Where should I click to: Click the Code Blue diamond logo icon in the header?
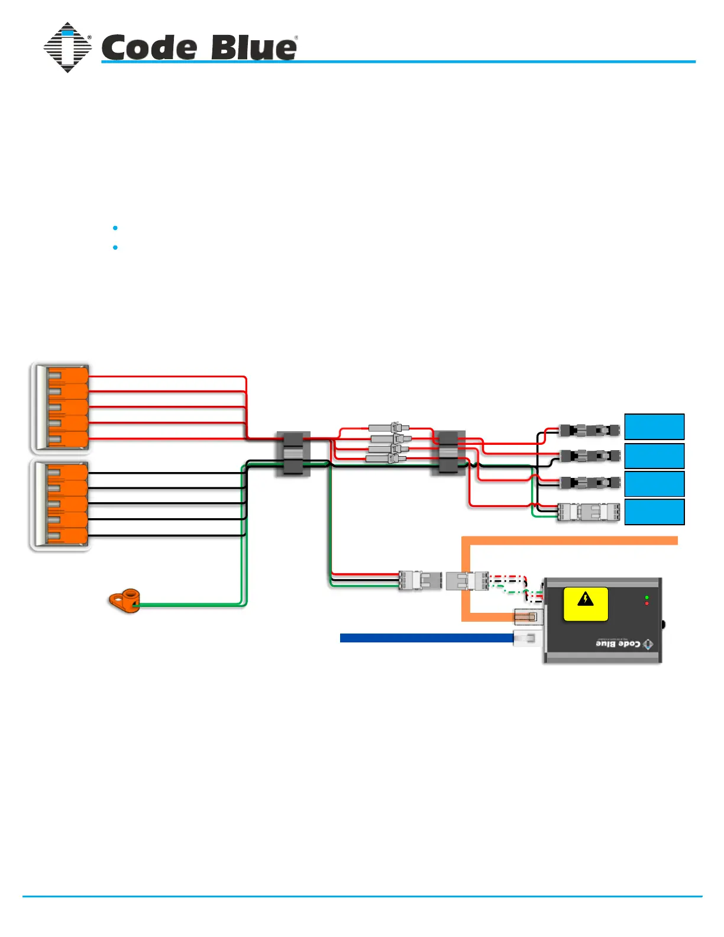pyautogui.click(x=67, y=48)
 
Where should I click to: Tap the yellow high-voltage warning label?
pyautogui.click(x=586, y=604)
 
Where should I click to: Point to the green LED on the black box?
pyautogui.click(x=647, y=598)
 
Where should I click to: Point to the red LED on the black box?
pyautogui.click(x=647, y=603)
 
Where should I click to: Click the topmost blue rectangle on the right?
pyautogui.click(x=654, y=427)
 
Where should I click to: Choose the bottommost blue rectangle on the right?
pyautogui.click(x=654, y=512)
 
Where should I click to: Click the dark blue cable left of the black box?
pyautogui.click(x=426, y=638)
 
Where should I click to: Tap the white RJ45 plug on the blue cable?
pyautogui.click(x=526, y=638)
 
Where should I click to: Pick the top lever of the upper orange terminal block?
pyautogui.click(x=67, y=376)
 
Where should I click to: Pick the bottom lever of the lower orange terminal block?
pyautogui.click(x=67, y=537)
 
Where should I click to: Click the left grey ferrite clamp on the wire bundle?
pyautogui.click(x=293, y=454)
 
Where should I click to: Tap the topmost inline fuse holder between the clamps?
pyautogui.click(x=388, y=427)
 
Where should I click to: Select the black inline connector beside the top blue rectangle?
pyautogui.click(x=590, y=430)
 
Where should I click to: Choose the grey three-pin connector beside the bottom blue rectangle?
pyautogui.click(x=589, y=512)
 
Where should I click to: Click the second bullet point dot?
pyautogui.click(x=115, y=247)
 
